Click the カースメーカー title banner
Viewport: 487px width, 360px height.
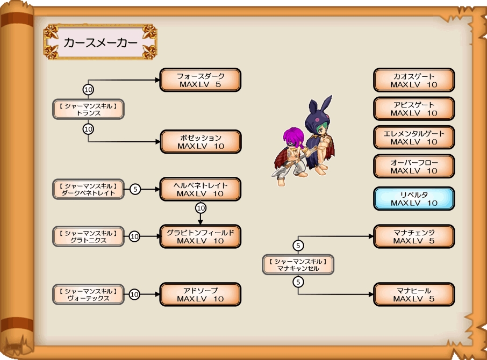[x=100, y=42]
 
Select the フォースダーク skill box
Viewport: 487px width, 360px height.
[x=200, y=80]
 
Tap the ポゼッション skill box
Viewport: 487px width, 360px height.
[x=200, y=142]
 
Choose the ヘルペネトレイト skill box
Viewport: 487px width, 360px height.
[x=200, y=189]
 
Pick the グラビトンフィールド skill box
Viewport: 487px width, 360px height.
[x=200, y=236]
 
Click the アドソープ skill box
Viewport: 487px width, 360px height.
[x=200, y=294]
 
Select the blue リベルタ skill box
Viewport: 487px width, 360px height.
[x=414, y=198]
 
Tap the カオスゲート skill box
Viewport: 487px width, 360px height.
[x=414, y=80]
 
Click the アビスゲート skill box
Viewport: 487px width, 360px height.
[x=414, y=109]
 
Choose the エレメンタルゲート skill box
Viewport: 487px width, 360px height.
[x=414, y=138]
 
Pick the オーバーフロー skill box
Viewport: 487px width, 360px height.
[x=414, y=167]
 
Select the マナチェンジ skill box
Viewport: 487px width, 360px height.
[x=414, y=236]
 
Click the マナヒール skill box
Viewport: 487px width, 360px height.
[x=414, y=294]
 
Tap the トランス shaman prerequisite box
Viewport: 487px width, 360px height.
[x=89, y=109]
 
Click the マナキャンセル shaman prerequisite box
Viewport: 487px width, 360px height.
[x=298, y=264]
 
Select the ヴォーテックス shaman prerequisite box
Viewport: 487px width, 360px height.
[x=89, y=294]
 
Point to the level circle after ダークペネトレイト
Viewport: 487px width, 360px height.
[x=135, y=189]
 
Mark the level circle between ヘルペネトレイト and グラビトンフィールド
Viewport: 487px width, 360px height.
[x=200, y=207]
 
